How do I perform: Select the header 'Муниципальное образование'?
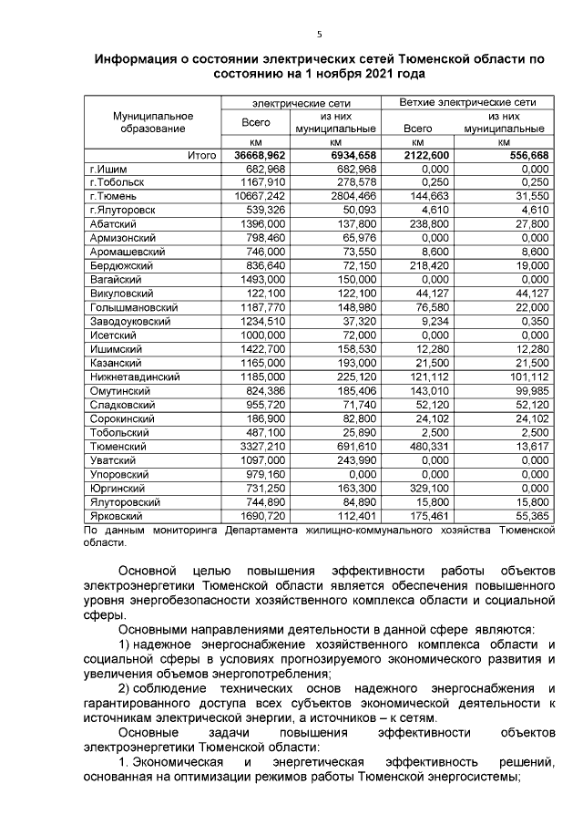tap(153, 122)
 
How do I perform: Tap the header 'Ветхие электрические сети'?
tap(467, 102)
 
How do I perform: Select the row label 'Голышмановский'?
tap(132, 308)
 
